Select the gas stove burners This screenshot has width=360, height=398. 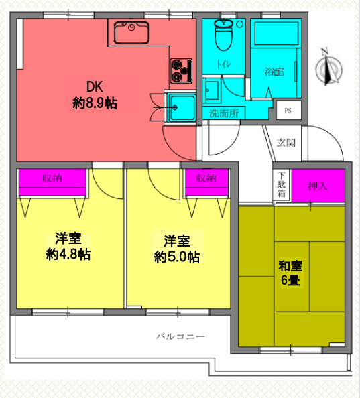181,70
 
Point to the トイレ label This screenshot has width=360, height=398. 223,65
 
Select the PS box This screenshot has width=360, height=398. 288,110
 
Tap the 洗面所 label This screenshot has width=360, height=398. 224,113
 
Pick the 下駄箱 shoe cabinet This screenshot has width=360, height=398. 281,185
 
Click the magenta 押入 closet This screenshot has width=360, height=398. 318,185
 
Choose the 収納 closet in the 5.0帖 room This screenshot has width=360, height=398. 206,182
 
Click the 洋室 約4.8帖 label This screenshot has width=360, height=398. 68,247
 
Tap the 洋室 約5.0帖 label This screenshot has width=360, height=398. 176,248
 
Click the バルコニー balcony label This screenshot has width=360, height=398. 180,336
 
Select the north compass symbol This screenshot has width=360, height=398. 328,68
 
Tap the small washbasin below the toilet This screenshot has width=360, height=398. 213,90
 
